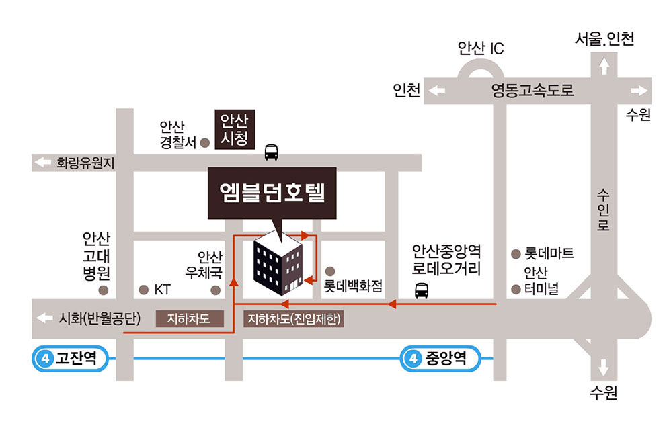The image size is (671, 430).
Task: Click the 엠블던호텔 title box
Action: (x=272, y=193)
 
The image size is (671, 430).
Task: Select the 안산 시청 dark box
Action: (x=235, y=129)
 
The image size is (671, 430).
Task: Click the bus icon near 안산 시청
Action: (x=272, y=152)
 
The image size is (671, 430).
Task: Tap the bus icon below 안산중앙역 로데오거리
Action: (x=422, y=291)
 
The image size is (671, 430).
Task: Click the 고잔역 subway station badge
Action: (x=70, y=358)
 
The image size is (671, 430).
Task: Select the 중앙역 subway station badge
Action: (x=440, y=358)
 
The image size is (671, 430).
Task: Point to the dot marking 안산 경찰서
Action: (x=205, y=142)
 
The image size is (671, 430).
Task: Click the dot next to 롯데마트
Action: (x=516, y=254)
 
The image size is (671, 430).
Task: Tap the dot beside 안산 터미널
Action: (x=516, y=290)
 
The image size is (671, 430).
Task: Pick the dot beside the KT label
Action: (x=144, y=290)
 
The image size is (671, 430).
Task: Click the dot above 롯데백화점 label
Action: (x=330, y=271)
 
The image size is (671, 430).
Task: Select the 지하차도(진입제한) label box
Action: (x=294, y=319)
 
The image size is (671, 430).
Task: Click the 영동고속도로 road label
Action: (x=532, y=90)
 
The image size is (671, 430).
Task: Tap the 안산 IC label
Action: (x=481, y=48)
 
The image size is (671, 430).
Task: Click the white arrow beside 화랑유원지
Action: (x=43, y=162)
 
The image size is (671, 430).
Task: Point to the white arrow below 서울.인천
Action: (x=604, y=67)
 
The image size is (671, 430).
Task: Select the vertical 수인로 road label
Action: (x=603, y=210)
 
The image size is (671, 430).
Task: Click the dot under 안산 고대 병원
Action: (x=103, y=290)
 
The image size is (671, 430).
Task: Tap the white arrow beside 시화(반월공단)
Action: (x=44, y=318)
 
